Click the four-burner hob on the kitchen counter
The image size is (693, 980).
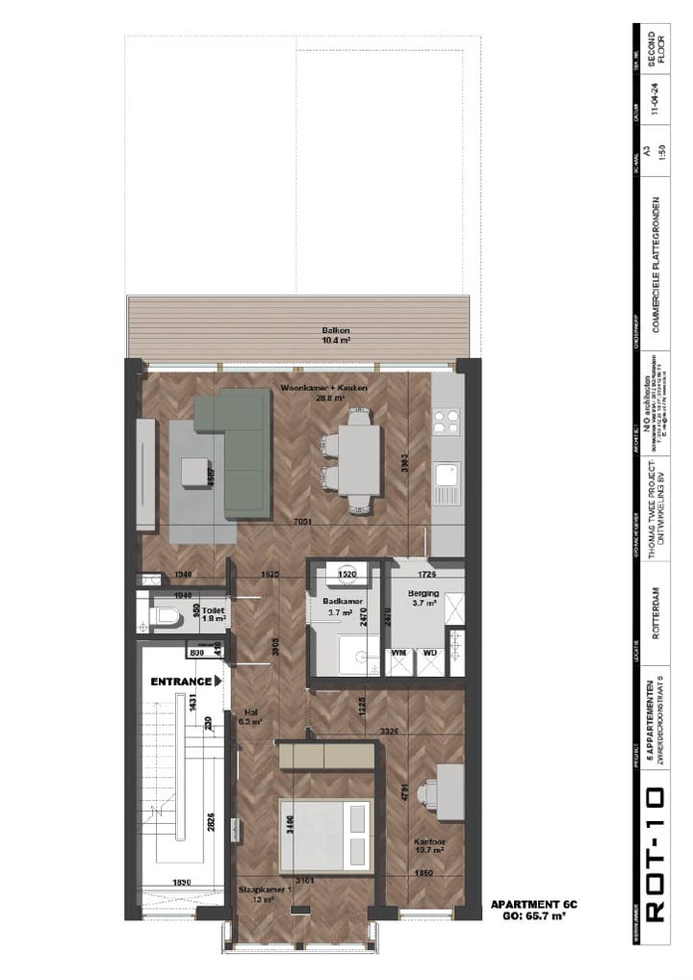(448, 421)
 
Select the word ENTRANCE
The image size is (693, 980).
(181, 681)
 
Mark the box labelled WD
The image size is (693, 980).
(429, 653)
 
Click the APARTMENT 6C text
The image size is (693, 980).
(533, 905)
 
